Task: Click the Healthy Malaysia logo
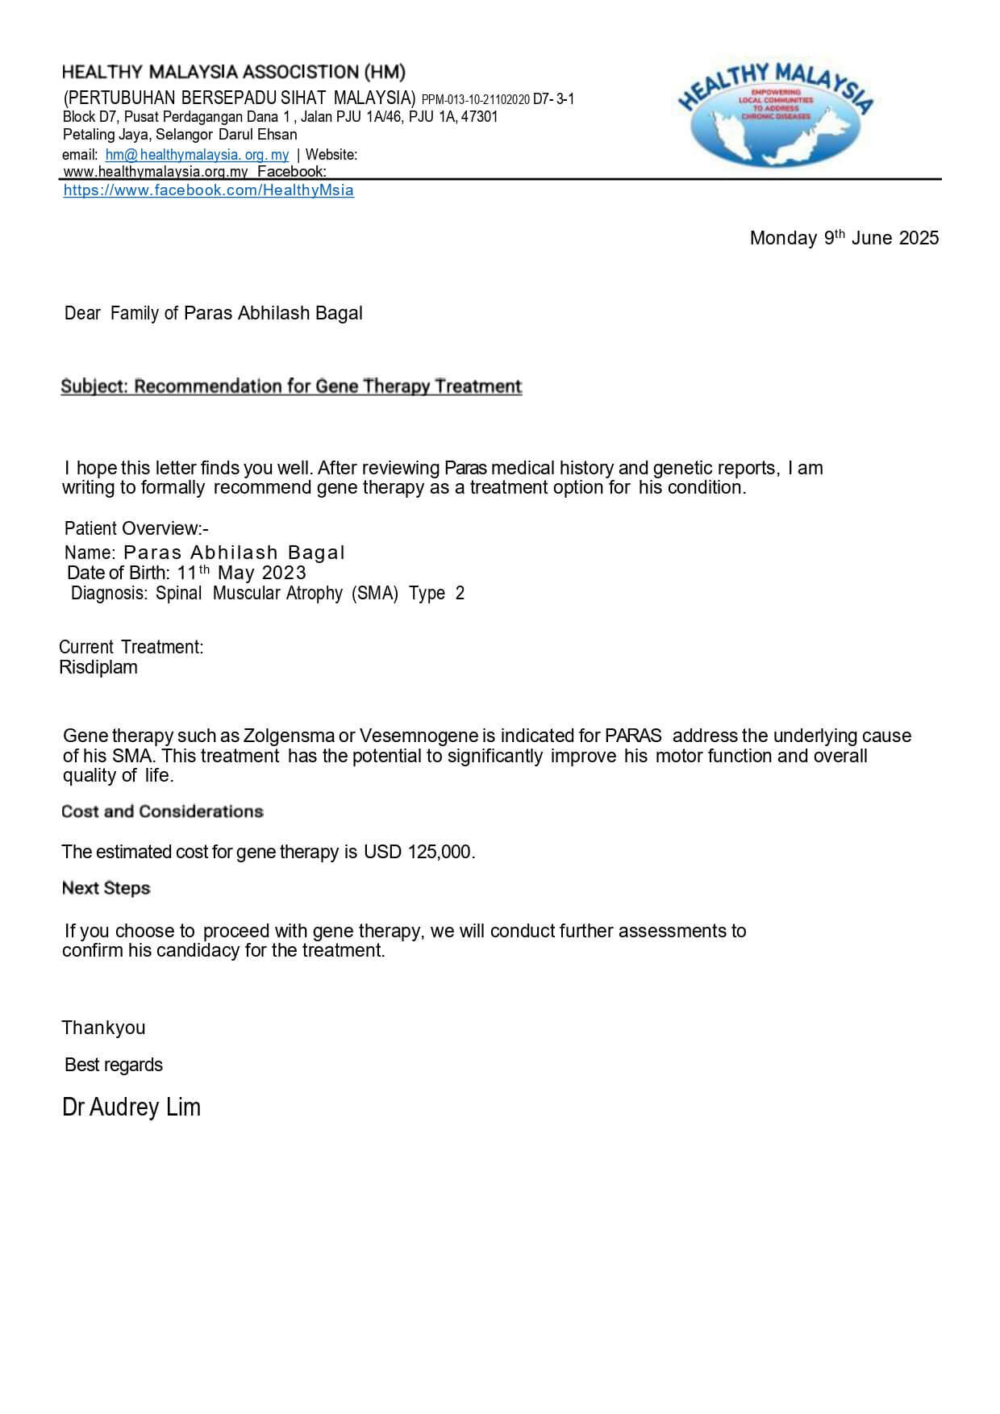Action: pos(776,115)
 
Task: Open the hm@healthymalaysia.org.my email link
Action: pos(197,154)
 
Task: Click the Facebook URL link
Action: pos(208,190)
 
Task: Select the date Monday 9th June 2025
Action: pos(844,238)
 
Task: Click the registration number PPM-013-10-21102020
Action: pos(475,100)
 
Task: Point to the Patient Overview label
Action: pos(135,529)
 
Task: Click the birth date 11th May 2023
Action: pos(241,573)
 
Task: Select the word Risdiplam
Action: pos(98,667)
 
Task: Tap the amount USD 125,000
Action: pos(417,852)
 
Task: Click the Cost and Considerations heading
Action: pos(162,811)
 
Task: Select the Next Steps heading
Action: pos(106,888)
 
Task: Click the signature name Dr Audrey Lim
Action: pos(131,1107)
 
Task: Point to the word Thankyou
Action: pos(103,1028)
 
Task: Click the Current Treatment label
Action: pos(131,647)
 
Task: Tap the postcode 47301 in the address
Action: pos(479,117)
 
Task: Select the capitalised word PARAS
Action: pos(633,736)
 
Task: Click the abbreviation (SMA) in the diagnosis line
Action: pos(375,594)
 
